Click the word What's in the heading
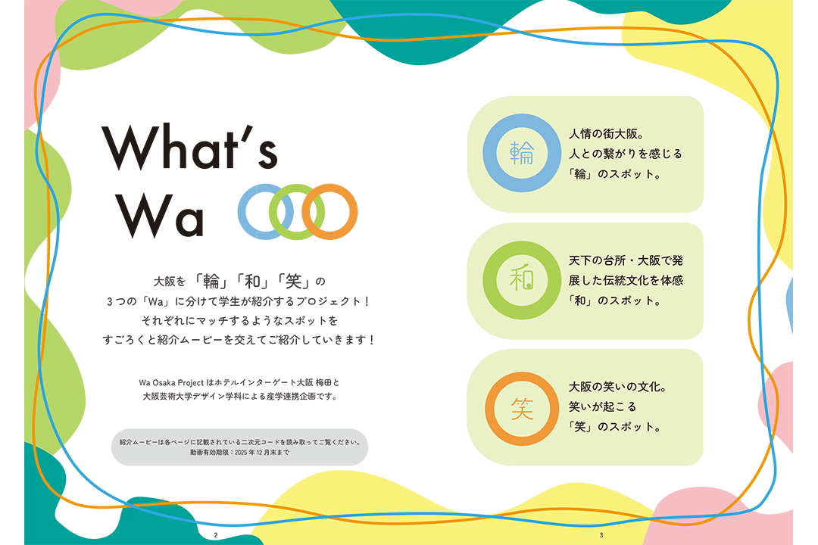click(190, 147)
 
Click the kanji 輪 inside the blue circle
click(522, 153)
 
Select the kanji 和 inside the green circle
click(522, 279)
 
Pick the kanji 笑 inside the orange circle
click(522, 408)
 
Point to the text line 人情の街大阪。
click(607, 134)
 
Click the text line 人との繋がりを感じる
click(626, 154)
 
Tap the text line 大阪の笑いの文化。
click(618, 387)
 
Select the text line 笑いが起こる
click(603, 406)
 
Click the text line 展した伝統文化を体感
click(626, 281)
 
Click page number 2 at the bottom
click(215, 535)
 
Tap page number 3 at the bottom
click(601, 535)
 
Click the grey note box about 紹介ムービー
click(239, 447)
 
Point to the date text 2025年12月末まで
click(261, 453)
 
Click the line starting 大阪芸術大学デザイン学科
click(241, 397)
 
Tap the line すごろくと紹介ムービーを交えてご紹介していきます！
click(239, 340)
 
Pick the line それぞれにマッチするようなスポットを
click(239, 320)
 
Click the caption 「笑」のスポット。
click(614, 427)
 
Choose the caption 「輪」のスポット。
click(614, 174)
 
